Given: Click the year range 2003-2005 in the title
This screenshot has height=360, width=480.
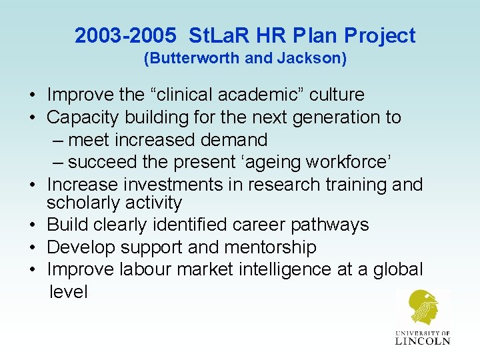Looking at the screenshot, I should pos(126,36).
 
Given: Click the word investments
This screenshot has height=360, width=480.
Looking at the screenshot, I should pos(175,185).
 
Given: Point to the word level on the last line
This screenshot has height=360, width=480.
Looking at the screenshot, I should pos(69,292).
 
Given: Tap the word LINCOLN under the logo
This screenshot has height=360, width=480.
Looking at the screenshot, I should pos(423,340).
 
